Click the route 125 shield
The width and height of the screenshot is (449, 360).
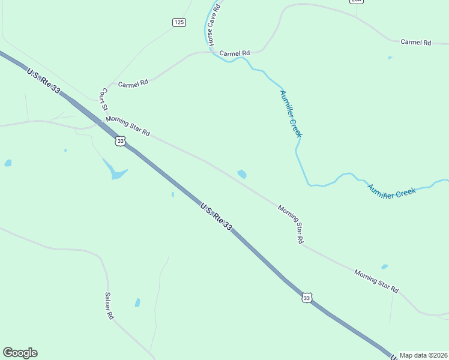pos(179,22)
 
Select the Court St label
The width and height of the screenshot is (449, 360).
pos(103,100)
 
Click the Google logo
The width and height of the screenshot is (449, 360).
pos(20,353)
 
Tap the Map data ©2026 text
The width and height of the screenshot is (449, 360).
pos(423,355)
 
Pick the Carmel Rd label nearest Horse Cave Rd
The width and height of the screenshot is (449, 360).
pos(234,53)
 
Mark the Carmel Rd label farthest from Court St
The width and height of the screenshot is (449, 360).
pos(416,43)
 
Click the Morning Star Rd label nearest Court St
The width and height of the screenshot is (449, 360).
pos(127,125)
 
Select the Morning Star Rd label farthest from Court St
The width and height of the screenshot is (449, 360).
pos(376,281)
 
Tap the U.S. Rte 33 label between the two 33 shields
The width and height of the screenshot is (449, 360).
pos(216,216)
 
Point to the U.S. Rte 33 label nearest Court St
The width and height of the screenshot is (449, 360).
pos(44,80)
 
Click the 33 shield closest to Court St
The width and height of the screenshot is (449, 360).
pos(121,141)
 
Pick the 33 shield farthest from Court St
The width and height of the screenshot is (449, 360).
pos(307,298)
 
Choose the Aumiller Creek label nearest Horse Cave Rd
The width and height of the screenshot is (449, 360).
pos(291,113)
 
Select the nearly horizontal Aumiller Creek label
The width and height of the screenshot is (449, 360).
pos(391,191)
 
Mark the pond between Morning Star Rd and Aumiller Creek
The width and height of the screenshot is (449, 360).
pos(242,174)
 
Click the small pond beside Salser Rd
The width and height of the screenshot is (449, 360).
pos(137,302)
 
